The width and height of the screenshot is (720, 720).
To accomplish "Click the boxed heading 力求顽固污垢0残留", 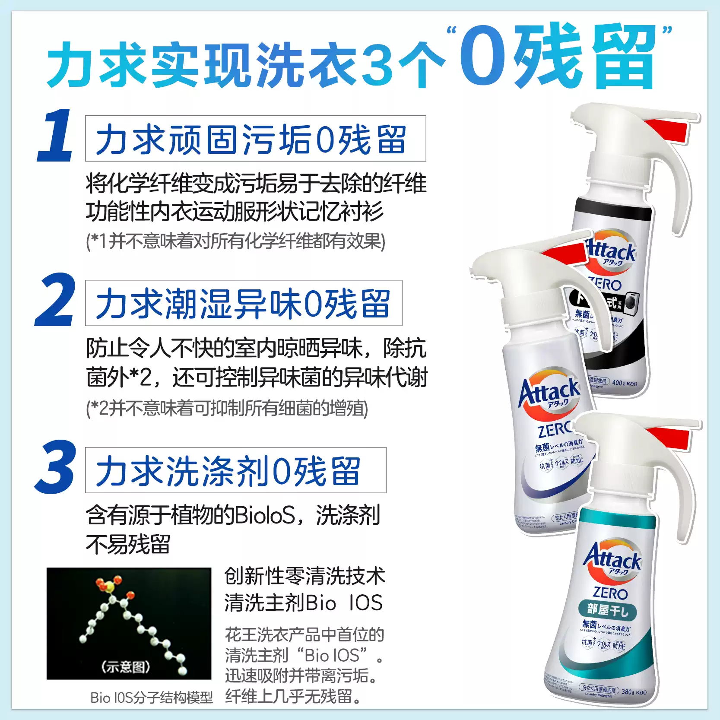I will tap(255, 139).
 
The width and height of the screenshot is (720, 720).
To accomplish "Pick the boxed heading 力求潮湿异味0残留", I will tap(244, 303).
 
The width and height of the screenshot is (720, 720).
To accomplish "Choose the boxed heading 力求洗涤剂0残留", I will tap(235, 470).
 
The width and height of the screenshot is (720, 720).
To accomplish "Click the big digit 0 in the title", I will tap(483, 56).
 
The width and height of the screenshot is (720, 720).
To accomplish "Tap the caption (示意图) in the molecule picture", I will tap(126, 666).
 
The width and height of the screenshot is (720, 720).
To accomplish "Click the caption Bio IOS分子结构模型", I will tap(152, 698).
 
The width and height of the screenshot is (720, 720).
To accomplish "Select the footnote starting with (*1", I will tap(235, 241).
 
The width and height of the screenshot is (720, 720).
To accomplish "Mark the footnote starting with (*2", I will tap(227, 408).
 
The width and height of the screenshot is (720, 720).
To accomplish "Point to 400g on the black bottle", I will tap(619, 383).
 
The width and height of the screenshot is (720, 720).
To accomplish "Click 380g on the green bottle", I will tap(627, 691).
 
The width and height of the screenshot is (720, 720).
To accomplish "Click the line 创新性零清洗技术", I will tap(304, 576).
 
